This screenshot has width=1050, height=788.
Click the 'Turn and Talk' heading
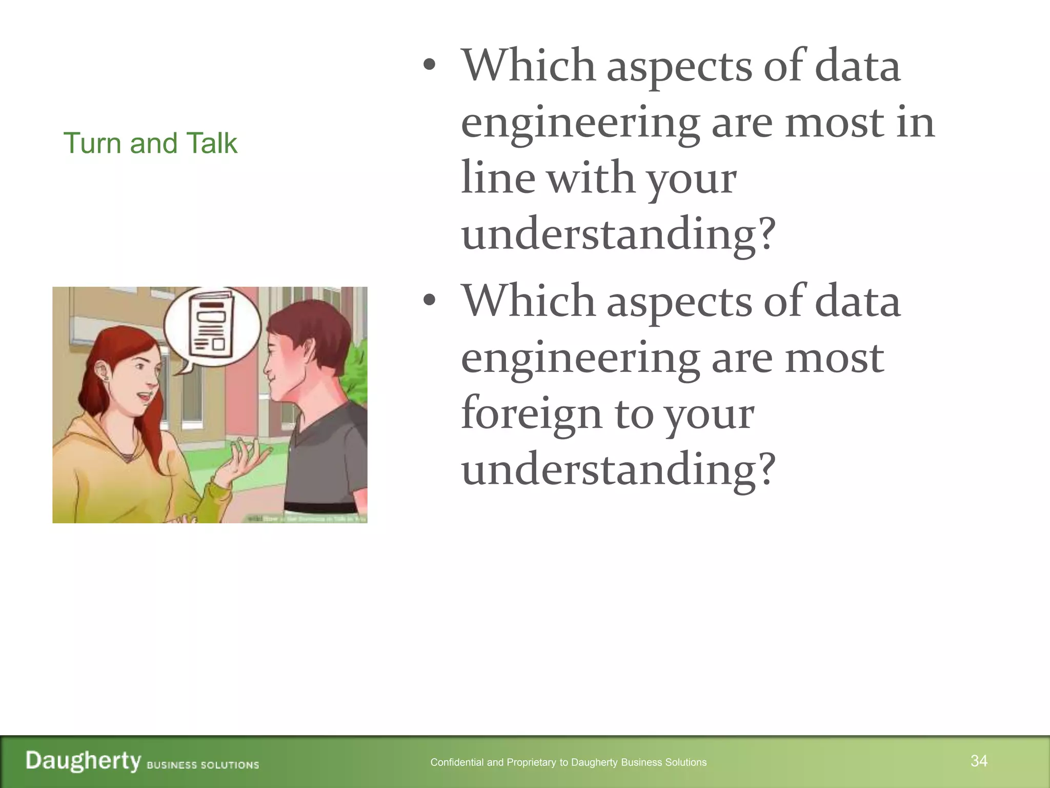[x=150, y=143]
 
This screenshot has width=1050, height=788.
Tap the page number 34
[x=979, y=761]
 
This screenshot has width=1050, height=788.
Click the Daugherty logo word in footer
[x=83, y=760]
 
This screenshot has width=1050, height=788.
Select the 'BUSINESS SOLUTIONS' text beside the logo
[x=203, y=765]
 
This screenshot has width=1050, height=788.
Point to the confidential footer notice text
[x=568, y=762]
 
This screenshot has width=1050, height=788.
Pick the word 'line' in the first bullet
[x=498, y=178]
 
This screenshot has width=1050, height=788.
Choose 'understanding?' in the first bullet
[x=618, y=234]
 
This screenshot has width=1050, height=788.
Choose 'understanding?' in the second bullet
[x=618, y=469]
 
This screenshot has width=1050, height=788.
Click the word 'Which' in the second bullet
[x=528, y=301]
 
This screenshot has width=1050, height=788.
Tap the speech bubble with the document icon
[x=212, y=328]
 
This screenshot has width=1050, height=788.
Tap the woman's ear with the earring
[x=104, y=372]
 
